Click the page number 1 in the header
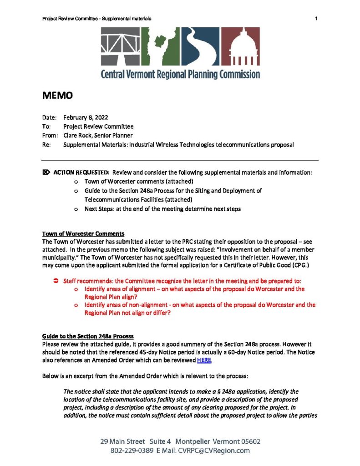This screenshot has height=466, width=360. pos(315,18)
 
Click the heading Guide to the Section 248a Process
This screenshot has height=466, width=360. pos(87,336)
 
